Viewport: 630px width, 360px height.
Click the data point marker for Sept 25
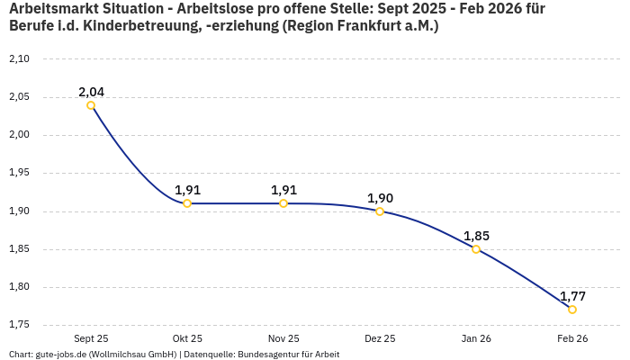91,105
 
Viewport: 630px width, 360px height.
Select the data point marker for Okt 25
187,203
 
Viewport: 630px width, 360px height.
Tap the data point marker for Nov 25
283,203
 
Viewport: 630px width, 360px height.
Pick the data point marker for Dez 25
380,211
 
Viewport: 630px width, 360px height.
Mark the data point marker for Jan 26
476,249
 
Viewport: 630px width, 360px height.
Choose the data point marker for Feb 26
572,310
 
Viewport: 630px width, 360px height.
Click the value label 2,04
91,92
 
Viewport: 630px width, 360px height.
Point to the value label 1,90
380,198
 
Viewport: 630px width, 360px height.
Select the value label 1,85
476,236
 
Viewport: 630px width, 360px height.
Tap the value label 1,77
572,296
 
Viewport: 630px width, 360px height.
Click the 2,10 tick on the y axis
19,59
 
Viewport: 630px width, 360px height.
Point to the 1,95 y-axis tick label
19,173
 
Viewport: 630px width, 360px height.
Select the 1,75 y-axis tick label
19,325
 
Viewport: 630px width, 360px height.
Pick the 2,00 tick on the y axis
19,135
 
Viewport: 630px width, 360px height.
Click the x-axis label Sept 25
91,338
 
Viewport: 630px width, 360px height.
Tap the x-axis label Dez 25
380,338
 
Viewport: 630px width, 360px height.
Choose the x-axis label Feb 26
572,338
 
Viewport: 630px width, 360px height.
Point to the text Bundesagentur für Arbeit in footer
288,354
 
